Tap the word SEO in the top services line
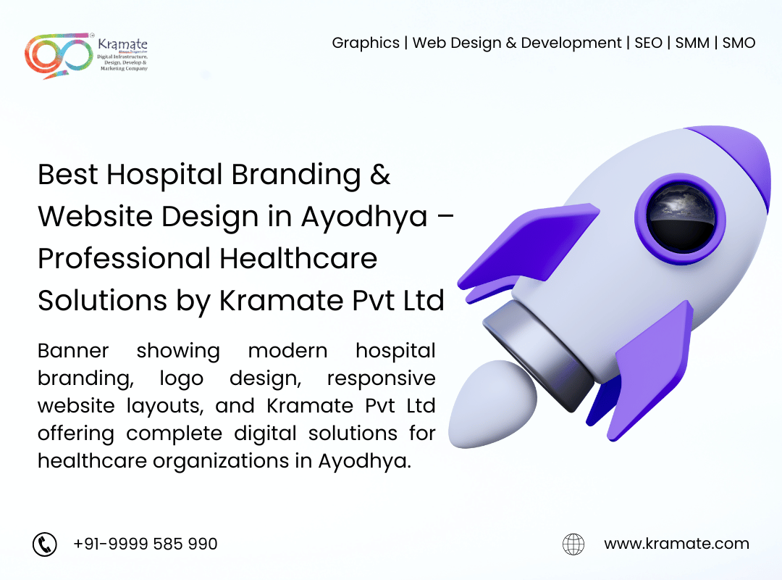648,43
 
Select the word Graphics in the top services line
366,43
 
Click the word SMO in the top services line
739,43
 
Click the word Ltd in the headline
424,300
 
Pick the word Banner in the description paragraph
73,351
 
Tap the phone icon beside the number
45,544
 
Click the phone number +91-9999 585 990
146,544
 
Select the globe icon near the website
573,544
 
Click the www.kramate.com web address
676,544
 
